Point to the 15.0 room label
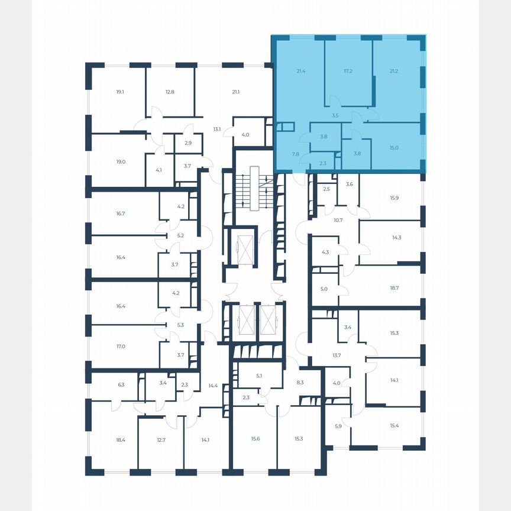[x=394, y=149]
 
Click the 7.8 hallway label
[x=296, y=154]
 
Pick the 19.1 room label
[x=120, y=92]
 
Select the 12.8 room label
[x=170, y=92]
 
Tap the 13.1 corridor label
[x=216, y=129]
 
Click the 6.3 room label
[x=121, y=384]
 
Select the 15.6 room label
[x=255, y=438]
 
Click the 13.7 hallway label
[x=337, y=355]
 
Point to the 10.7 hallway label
[x=338, y=220]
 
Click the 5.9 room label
[x=338, y=426]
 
